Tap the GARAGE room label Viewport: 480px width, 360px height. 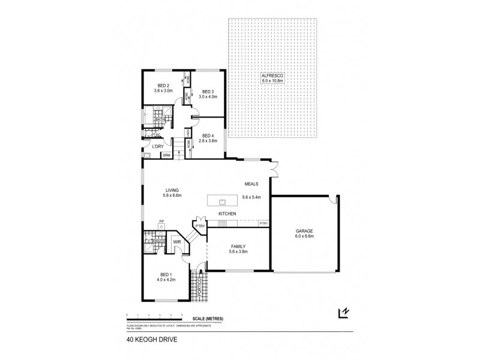point(304,233)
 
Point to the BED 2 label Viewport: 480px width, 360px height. point(163,88)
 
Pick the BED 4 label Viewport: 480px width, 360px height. point(207,137)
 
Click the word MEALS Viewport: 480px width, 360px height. point(251,184)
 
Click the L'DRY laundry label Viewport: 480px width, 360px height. point(158,146)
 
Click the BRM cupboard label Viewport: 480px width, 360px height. point(166,156)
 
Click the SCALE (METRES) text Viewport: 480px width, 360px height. point(205,319)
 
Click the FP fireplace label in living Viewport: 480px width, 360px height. point(161,223)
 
